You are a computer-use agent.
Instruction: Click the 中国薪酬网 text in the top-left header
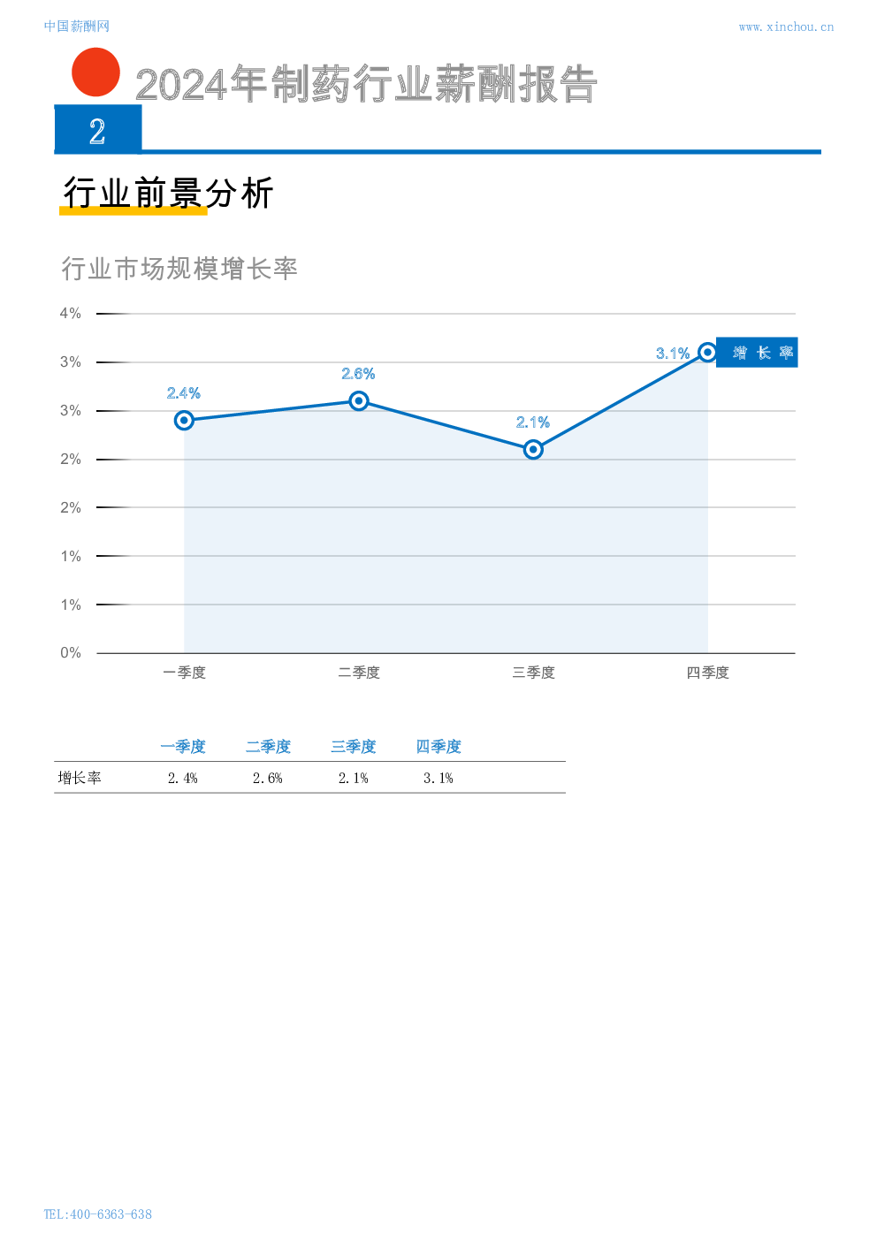coord(76,27)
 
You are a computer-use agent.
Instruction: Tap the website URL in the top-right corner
coord(785,27)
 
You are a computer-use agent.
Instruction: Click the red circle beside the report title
coord(95,72)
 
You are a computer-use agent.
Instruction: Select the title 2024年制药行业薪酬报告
coord(366,85)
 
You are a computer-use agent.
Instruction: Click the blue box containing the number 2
coord(98,130)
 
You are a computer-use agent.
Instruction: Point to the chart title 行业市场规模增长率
coord(179,268)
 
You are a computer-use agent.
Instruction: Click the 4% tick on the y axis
coord(71,313)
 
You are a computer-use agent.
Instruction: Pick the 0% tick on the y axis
coord(71,652)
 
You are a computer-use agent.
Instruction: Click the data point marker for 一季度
coord(184,420)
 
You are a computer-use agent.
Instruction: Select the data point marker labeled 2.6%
coord(359,400)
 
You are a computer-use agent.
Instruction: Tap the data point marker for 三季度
coord(533,449)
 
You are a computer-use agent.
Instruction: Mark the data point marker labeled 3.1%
coord(707,352)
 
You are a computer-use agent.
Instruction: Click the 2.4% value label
coord(184,393)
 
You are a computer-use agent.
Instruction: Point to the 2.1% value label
coord(533,422)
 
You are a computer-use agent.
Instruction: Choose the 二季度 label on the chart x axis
coord(359,673)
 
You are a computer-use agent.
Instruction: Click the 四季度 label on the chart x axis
coord(707,673)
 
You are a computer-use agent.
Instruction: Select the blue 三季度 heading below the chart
coord(353,747)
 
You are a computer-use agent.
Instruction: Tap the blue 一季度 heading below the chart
coord(183,747)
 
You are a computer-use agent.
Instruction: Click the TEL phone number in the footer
coord(97,1213)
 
